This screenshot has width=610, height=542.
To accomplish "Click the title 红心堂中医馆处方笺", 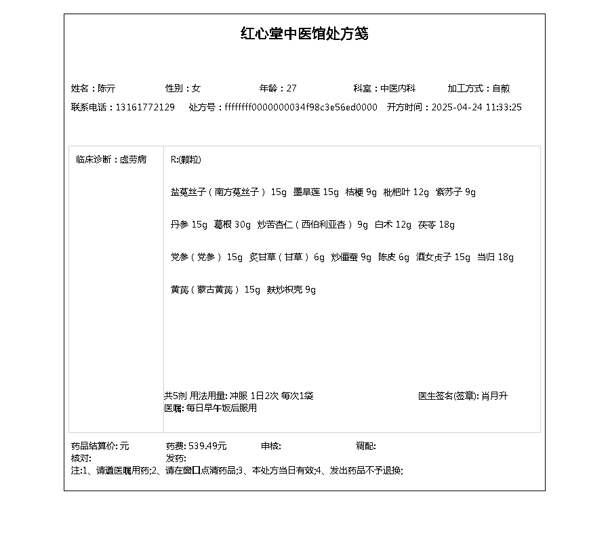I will coord(304,34).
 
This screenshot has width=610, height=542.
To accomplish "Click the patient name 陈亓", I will coord(106,88).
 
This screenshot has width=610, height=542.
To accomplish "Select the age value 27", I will coord(291,88).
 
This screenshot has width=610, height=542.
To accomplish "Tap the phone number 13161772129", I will coord(145,107).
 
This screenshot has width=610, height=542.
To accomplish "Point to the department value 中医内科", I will coord(398,88).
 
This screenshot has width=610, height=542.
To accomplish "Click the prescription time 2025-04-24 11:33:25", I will coord(476,107).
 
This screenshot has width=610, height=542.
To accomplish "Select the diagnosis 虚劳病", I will coord(133,160).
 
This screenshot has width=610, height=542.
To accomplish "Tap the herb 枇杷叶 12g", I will coord(406,192).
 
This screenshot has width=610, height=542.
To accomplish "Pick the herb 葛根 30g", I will coord(232,225).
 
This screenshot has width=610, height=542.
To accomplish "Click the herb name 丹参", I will coord(180,225).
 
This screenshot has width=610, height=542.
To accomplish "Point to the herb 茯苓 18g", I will coord(436,225).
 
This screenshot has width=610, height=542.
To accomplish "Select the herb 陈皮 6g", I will coord(394,257).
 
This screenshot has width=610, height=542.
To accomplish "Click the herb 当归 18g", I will coord(495,257).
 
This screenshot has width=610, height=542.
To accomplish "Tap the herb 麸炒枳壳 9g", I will coord(291,290).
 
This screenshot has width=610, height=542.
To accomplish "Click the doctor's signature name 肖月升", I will coord(494,396).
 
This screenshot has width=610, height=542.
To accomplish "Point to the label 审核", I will coord(270,446).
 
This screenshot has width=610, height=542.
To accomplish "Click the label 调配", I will coord(365,446).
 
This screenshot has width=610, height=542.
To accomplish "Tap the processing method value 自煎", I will coord(501,88).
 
